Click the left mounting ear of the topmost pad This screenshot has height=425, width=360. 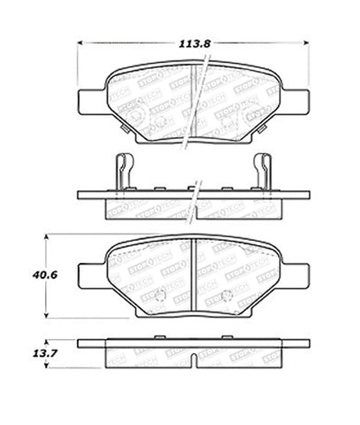[90, 100]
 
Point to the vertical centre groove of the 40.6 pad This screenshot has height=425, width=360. [195, 274]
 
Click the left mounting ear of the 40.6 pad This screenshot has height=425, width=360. [90, 269]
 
